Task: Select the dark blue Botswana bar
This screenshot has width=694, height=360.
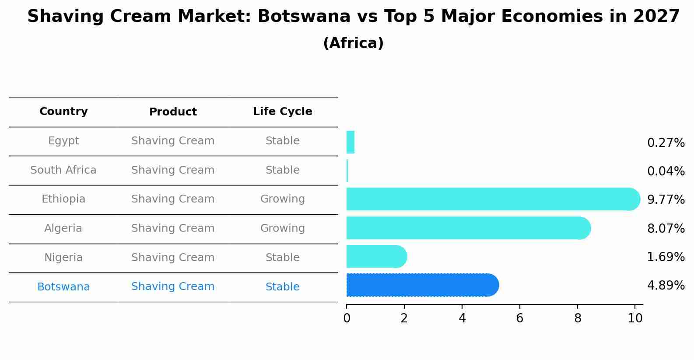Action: coord(422,285)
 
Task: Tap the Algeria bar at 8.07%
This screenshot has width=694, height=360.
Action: coord(468,228)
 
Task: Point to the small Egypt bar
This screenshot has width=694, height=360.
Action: coord(351,142)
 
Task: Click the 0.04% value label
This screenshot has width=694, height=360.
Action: coord(666,171)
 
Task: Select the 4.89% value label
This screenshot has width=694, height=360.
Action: coord(666,286)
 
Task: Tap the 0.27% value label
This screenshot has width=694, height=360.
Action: coord(666,143)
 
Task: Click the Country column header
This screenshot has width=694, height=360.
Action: coord(63,112)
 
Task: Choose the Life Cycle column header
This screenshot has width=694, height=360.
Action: coord(282,112)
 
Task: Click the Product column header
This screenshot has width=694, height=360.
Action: coord(173,112)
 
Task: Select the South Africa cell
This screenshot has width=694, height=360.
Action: coord(63,170)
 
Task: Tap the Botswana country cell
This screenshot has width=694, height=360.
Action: coord(63,287)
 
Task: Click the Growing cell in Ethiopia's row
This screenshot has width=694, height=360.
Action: coord(282,199)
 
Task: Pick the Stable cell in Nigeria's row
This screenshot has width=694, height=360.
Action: coord(282,258)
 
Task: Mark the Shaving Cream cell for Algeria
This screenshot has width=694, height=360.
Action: coord(173,228)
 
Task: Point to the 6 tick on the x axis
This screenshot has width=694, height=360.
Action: coord(520,318)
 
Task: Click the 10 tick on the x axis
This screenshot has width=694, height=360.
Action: coord(635,318)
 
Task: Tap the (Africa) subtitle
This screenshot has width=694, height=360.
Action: coord(353,43)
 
